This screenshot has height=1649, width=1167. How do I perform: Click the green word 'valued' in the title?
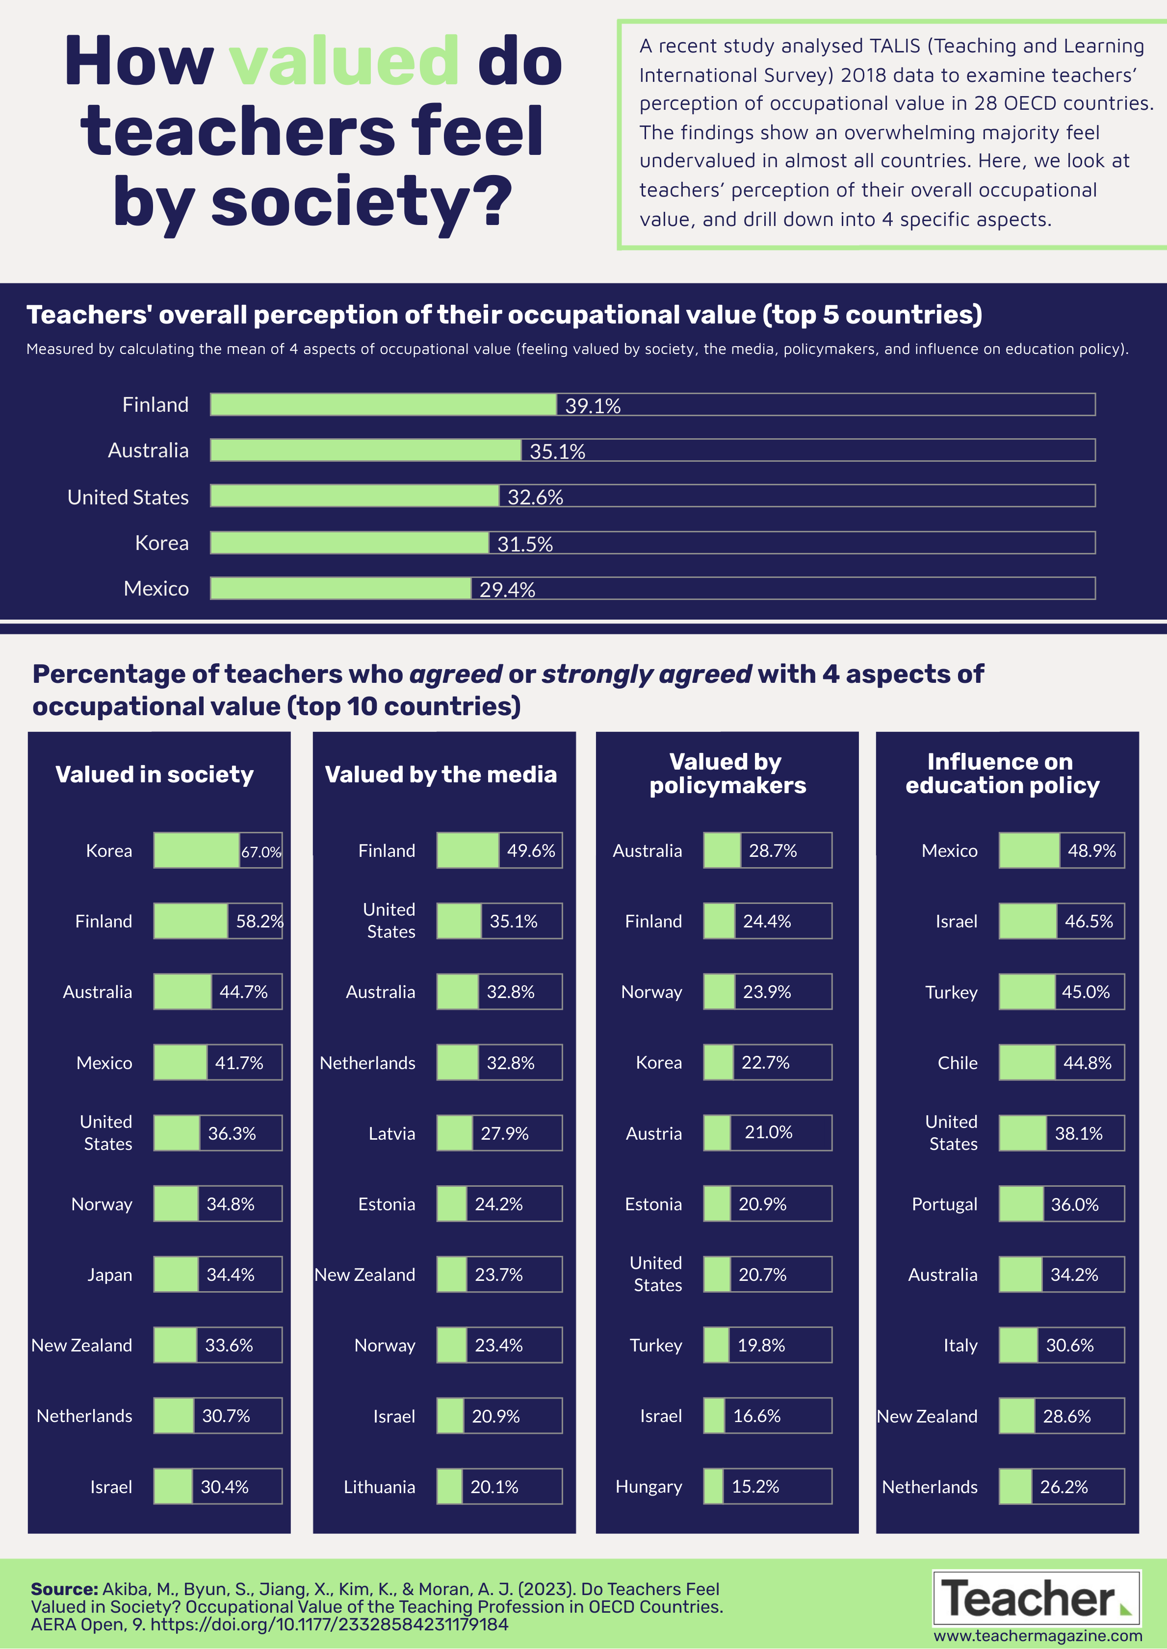[x=343, y=61]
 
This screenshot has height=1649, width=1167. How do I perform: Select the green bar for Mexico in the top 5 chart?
[x=340, y=588]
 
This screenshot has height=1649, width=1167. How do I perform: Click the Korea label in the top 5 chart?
[x=162, y=543]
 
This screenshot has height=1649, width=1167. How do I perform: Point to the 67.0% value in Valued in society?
[x=261, y=852]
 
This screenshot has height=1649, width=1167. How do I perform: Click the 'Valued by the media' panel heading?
[x=441, y=774]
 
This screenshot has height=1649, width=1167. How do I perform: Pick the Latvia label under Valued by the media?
[x=391, y=1133]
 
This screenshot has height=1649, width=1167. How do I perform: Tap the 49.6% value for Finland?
[x=531, y=851]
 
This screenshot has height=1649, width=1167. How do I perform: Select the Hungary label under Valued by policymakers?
[x=649, y=1487]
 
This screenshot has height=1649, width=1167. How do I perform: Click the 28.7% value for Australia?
[x=773, y=851]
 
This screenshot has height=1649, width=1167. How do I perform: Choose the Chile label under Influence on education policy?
[x=957, y=1063]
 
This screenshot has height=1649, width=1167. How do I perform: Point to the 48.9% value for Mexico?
[x=1091, y=851]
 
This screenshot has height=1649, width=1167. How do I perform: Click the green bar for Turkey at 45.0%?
[x=1027, y=992]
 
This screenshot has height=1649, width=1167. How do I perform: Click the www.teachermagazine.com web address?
[x=1037, y=1635]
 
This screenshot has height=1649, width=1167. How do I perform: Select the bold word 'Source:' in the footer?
[x=64, y=1589]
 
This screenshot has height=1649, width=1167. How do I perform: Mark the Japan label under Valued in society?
[x=110, y=1275]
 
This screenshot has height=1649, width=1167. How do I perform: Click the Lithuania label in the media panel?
[x=379, y=1487]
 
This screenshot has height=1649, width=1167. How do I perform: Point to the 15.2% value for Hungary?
[x=755, y=1487]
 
